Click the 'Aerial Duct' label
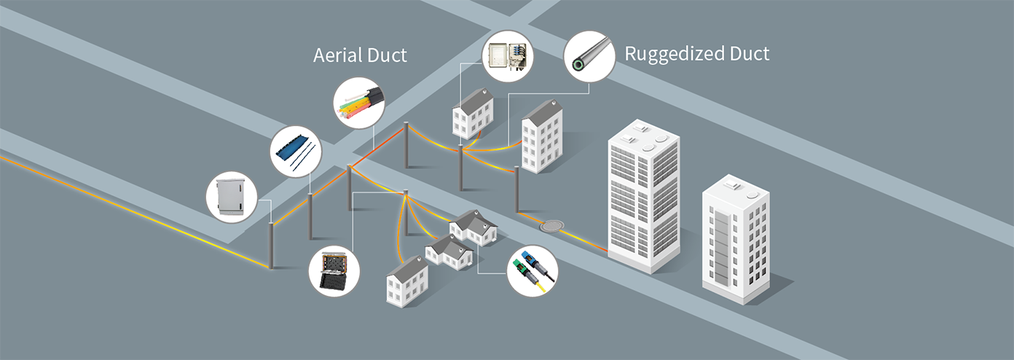click(360, 55)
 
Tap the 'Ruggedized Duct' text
click(696, 53)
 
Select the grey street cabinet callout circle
click(232, 197)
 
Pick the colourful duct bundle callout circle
click(359, 103)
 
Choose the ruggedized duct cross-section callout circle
click(589, 55)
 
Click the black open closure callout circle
click(334, 271)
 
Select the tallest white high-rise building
click(643, 195)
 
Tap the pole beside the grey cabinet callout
click(271, 245)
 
